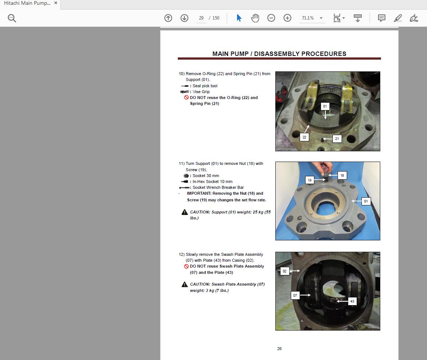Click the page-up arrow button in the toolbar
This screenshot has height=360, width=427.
[168, 18]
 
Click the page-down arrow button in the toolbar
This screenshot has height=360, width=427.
[184, 18]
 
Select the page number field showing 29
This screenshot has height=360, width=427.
[201, 18]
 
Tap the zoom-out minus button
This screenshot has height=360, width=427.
[271, 18]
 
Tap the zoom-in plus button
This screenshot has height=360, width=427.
[287, 18]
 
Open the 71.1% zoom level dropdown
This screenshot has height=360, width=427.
[321, 18]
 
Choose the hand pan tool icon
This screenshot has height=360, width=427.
[255, 18]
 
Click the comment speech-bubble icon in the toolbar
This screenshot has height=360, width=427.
[382, 18]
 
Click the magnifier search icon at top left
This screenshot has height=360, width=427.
[12, 18]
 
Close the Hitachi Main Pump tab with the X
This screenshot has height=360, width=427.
[56, 3]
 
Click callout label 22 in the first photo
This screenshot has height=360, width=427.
[304, 137]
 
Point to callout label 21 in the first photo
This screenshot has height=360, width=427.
[337, 139]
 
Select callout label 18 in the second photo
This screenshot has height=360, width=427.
[342, 176]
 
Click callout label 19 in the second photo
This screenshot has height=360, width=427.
[310, 180]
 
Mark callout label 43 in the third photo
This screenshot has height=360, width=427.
[352, 301]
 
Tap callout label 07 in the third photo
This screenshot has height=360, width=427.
[295, 295]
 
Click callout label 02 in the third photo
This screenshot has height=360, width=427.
[285, 271]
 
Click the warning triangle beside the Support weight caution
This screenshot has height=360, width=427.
[184, 212]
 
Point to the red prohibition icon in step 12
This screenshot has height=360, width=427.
[186, 267]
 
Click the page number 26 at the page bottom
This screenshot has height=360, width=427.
[279, 349]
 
